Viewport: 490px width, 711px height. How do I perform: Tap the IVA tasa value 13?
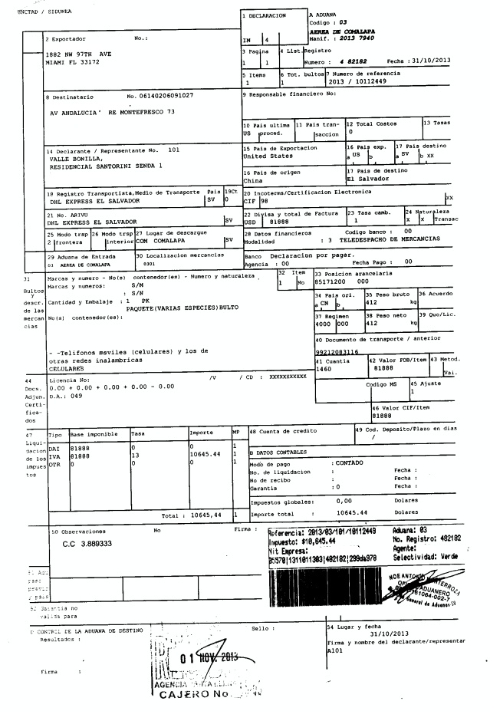pos(134,454)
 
